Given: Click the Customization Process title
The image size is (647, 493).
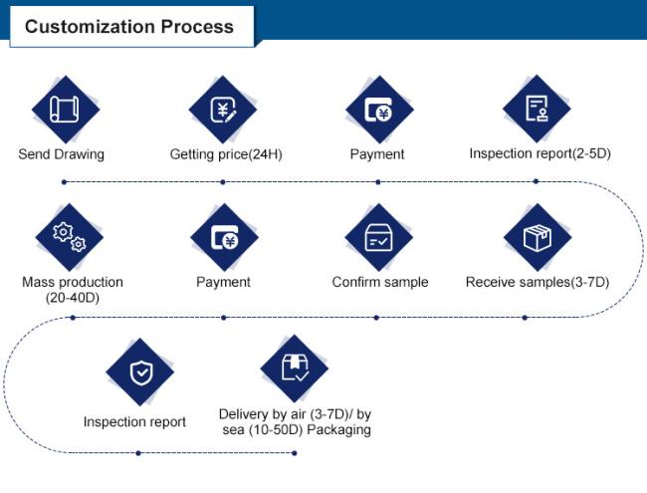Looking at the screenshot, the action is click(x=129, y=27).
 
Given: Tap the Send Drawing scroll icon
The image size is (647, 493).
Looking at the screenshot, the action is click(x=65, y=109).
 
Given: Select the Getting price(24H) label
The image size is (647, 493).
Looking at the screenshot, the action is click(x=226, y=154).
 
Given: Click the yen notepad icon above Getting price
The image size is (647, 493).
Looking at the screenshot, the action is click(x=223, y=110).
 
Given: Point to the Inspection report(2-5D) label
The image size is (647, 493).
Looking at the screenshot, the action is click(x=540, y=153).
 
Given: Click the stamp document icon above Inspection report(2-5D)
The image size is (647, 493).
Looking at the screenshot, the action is click(x=537, y=109).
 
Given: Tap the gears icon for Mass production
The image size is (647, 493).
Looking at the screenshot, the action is click(x=70, y=237).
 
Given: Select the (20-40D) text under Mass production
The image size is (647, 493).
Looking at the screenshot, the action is click(x=73, y=297).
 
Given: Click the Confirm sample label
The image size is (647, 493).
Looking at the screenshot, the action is click(x=380, y=282).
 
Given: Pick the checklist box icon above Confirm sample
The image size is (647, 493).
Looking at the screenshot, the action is click(x=379, y=237).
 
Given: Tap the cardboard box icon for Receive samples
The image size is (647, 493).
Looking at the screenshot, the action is click(x=538, y=238).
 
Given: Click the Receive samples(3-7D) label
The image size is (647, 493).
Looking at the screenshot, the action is click(x=538, y=282).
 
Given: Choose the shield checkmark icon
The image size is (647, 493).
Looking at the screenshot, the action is click(x=141, y=372).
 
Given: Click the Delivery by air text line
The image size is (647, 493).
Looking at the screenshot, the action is click(x=295, y=413).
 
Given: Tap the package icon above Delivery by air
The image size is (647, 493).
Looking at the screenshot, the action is click(x=295, y=368).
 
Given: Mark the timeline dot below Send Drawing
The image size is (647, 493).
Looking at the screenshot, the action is click(x=64, y=182).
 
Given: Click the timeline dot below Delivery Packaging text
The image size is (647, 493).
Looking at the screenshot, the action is click(x=295, y=453).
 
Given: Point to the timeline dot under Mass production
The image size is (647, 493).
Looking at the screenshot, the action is click(x=73, y=318).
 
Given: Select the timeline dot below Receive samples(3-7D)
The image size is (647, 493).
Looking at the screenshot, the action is click(x=525, y=318).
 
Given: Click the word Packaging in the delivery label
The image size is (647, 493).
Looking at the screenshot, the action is click(x=339, y=430).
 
